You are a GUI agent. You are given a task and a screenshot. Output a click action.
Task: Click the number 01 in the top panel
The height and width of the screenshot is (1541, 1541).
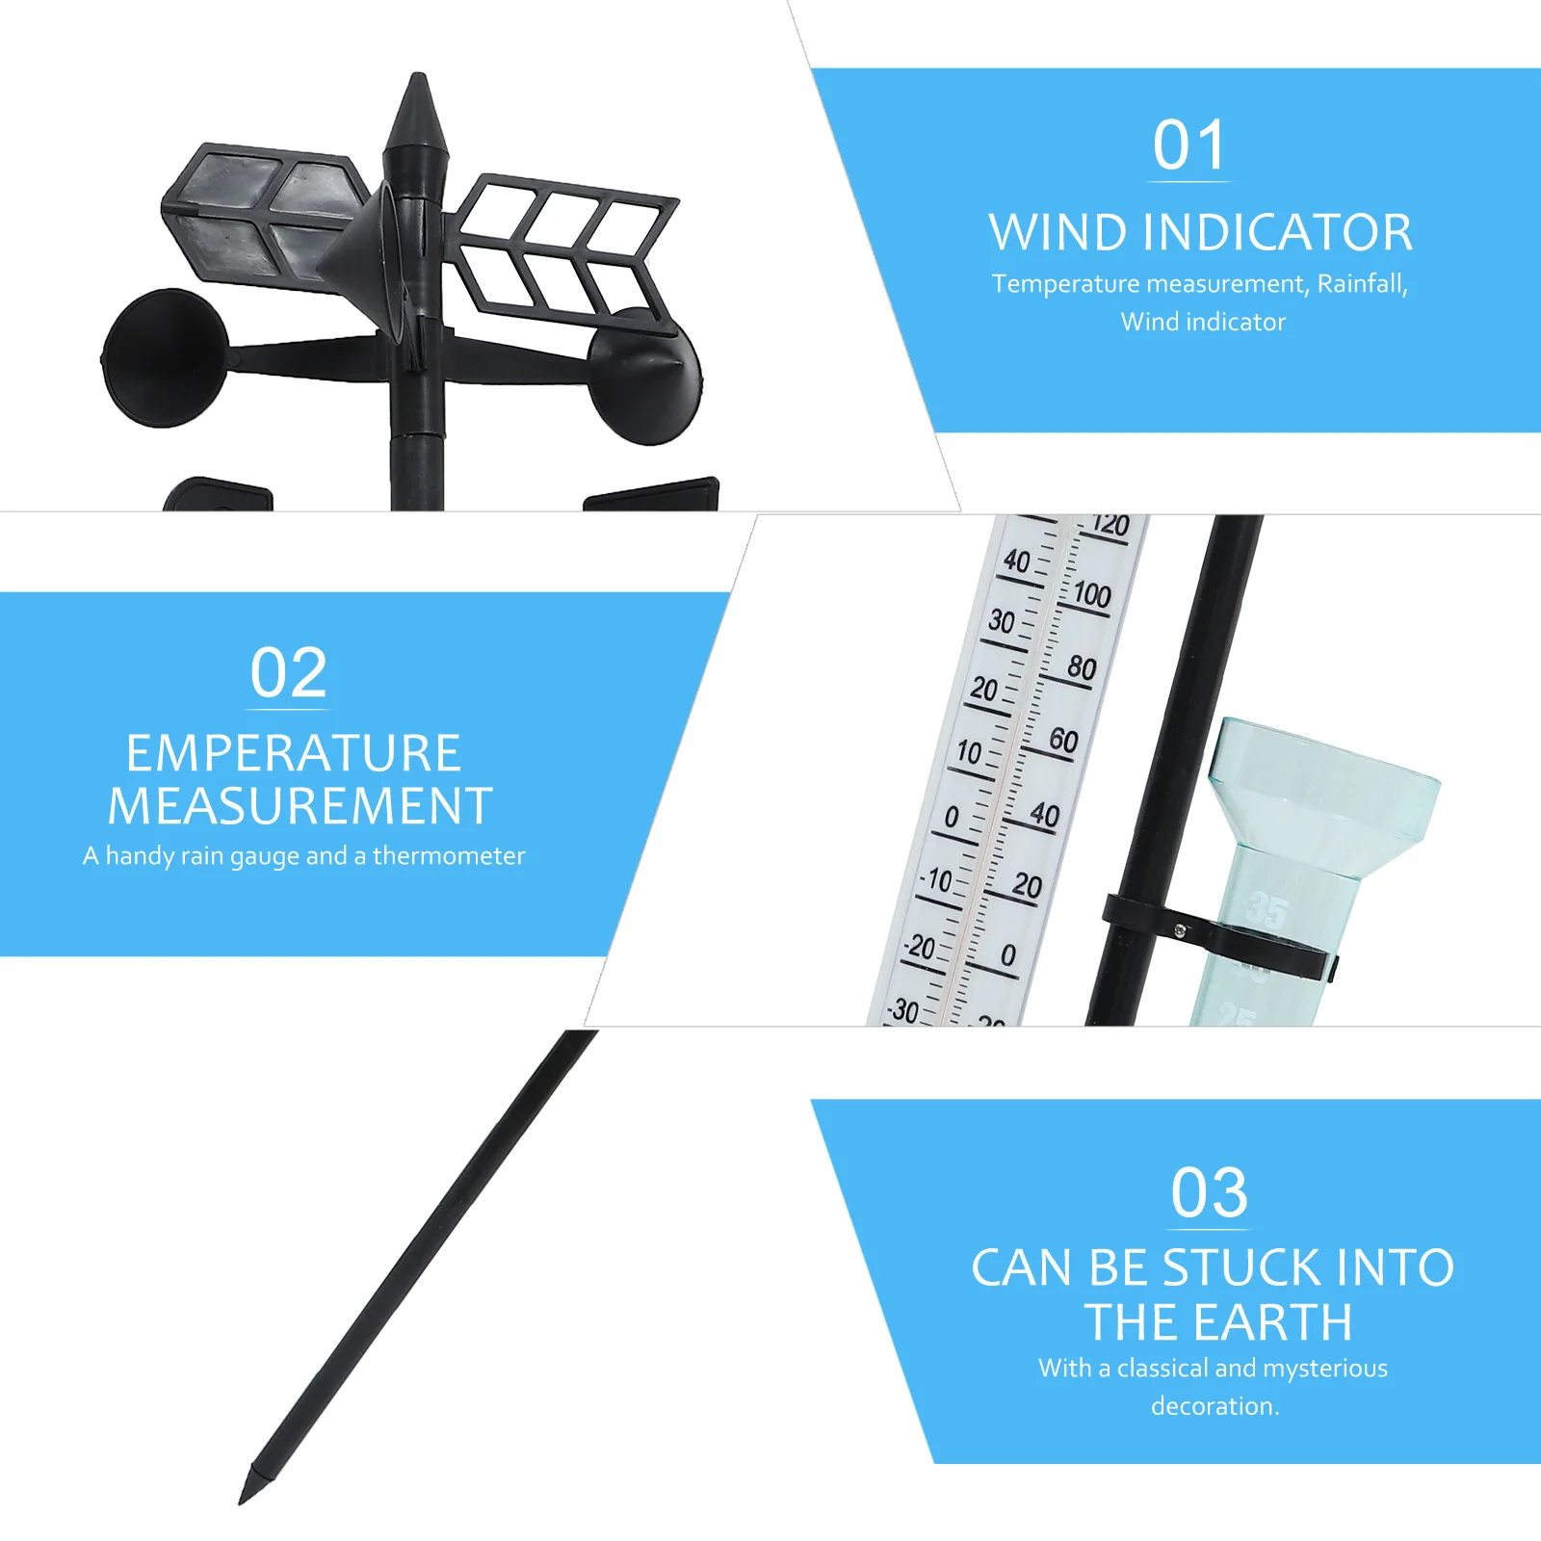click(x=1189, y=145)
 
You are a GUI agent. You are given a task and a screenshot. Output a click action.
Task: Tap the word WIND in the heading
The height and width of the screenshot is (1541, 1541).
click(x=1058, y=233)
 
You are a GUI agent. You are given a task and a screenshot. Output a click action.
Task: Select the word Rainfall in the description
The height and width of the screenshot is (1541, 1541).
click(x=1362, y=284)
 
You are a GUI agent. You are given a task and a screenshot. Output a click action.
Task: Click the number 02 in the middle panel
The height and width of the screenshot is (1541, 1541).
click(x=289, y=673)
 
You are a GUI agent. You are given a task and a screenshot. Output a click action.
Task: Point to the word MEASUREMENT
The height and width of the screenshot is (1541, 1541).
click(x=300, y=806)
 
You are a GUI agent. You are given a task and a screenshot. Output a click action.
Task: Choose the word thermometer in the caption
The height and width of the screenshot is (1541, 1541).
click(x=449, y=856)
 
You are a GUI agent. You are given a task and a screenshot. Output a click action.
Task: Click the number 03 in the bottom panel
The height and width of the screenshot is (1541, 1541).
click(x=1210, y=1193)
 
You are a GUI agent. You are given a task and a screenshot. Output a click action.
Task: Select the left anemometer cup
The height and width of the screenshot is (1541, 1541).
click(x=165, y=357)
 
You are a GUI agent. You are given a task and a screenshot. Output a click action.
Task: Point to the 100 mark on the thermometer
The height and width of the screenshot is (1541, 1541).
click(x=1092, y=594)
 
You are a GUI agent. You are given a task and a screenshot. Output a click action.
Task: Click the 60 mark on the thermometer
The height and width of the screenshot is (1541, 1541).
click(x=1063, y=740)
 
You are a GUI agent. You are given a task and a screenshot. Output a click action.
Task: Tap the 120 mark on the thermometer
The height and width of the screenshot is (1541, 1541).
click(x=1111, y=526)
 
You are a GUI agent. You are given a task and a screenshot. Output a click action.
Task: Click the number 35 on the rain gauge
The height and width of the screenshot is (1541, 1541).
click(x=1267, y=909)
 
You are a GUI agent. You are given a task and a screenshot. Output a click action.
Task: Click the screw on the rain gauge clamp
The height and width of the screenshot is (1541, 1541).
click(x=1179, y=930)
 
